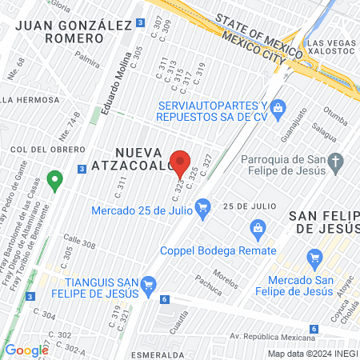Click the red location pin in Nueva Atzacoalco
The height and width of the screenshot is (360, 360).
pyautogui.click(x=181, y=162)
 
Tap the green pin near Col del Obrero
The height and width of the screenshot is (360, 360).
pyautogui.click(x=54, y=180)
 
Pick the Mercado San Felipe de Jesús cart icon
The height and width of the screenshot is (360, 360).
pyautogui.click(x=314, y=258)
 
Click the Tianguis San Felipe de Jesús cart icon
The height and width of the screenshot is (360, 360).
pyautogui.click(x=147, y=284)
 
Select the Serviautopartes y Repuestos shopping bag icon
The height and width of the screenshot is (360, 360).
pyautogui.click(x=278, y=107)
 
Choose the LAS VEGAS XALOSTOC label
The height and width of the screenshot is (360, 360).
pyautogui.click(x=330, y=47)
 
